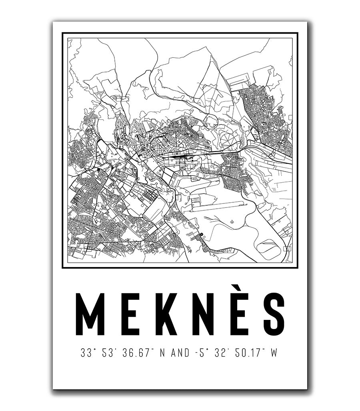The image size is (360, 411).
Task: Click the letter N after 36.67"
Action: point(162,353)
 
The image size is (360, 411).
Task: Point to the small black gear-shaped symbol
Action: point(202,234)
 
